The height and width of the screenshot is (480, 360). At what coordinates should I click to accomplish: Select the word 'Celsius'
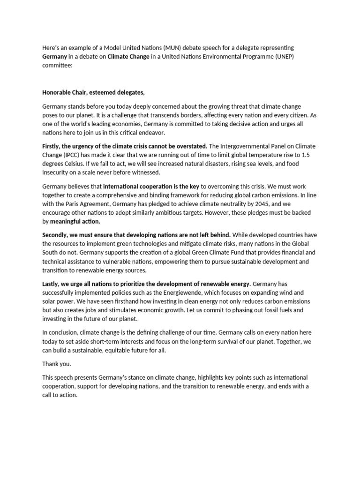pyautogui.click(x=74, y=164)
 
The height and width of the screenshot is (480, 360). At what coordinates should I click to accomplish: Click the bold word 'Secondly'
pyautogui.click(x=56, y=234)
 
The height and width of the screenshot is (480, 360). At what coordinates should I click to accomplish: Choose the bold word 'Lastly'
pyautogui.click(x=51, y=284)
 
